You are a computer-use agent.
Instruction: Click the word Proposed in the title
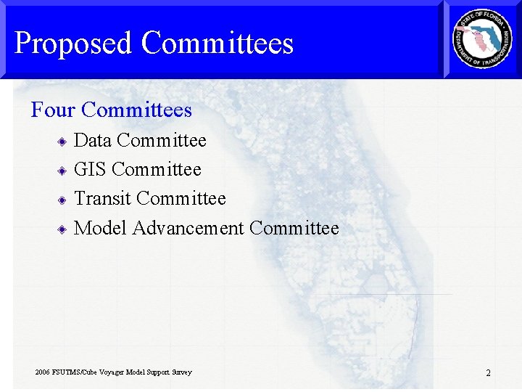click(x=72, y=44)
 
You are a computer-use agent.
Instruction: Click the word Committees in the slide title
click(x=217, y=44)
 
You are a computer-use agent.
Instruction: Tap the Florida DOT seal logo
click(x=482, y=39)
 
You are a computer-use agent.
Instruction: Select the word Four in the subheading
click(x=54, y=110)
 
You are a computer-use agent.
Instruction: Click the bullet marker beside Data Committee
click(x=63, y=141)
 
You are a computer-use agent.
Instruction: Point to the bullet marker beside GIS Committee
click(x=63, y=170)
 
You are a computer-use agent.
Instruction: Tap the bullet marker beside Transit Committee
click(x=63, y=199)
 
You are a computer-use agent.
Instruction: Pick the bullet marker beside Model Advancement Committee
click(x=63, y=229)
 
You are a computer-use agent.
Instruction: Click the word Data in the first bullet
click(x=93, y=140)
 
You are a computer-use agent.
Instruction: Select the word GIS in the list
click(x=91, y=169)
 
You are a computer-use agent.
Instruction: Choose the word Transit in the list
click(x=102, y=198)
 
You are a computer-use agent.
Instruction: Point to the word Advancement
click(x=188, y=228)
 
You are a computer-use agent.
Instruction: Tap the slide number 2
click(x=488, y=373)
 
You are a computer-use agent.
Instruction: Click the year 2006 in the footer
click(x=43, y=372)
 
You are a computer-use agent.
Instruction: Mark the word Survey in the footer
click(x=181, y=372)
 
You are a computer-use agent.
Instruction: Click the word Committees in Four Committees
click(x=136, y=110)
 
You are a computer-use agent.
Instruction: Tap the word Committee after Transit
click(x=181, y=198)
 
